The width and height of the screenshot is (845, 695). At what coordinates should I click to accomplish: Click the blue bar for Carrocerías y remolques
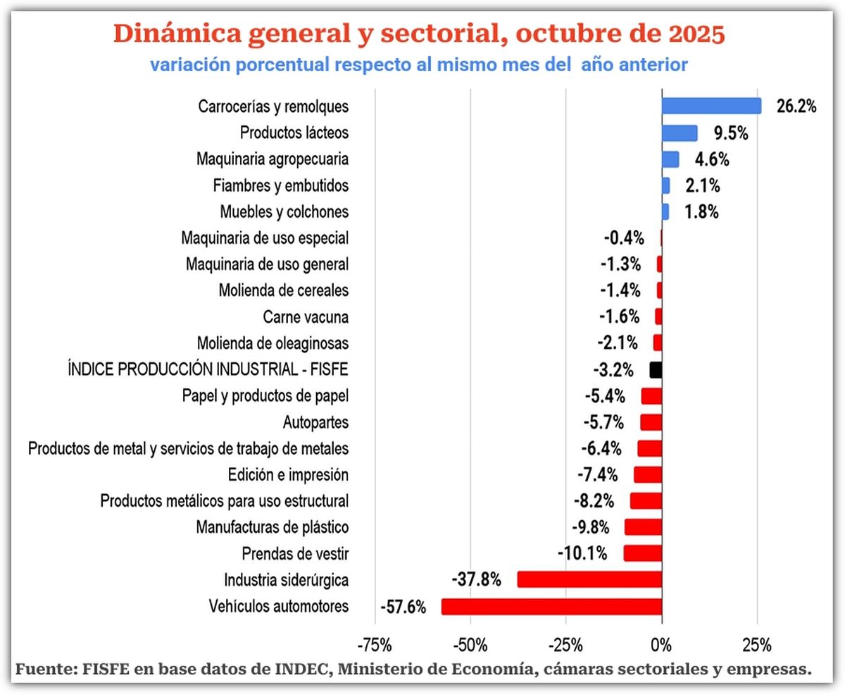(711, 106)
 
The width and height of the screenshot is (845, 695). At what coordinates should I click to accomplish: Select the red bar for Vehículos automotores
(551, 606)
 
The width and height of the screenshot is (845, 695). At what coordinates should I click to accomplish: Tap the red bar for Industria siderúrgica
(589, 579)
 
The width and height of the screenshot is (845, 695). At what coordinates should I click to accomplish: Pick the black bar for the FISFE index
(656, 369)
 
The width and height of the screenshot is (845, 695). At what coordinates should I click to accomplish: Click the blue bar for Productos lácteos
(680, 133)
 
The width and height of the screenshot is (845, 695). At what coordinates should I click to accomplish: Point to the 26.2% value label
(796, 106)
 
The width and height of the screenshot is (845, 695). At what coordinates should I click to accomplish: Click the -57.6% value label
(403, 606)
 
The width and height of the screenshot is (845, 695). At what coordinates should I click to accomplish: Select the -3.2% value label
(613, 370)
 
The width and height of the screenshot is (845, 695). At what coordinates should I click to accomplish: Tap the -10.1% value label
(582, 553)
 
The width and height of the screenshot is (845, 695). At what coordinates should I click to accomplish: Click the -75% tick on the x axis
(375, 644)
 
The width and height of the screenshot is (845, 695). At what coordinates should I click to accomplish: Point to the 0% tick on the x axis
(661, 644)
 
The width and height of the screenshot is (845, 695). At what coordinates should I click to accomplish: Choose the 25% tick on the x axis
(758, 644)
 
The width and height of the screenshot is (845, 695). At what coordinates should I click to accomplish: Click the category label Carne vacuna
(306, 316)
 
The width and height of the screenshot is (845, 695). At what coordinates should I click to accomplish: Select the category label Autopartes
(315, 422)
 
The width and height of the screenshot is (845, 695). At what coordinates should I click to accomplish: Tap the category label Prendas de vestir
(295, 553)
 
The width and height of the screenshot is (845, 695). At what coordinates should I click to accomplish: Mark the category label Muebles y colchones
(284, 211)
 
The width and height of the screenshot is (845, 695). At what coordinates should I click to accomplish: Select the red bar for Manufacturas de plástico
(643, 527)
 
